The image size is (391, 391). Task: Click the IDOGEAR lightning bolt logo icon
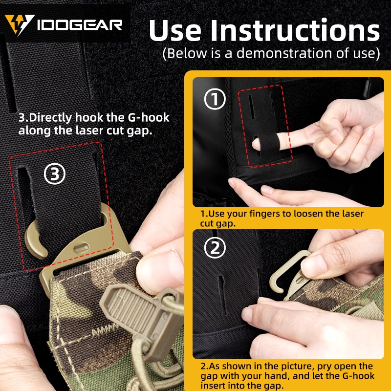[x=19, y=24]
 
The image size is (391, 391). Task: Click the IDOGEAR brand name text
[x=80, y=25]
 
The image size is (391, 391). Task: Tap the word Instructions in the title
[x=295, y=30]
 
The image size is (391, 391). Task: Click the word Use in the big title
[x=175, y=30]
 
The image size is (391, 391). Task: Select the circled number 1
[x=215, y=99]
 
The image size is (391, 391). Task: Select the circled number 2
[x=215, y=248]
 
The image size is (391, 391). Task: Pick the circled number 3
[x=55, y=174]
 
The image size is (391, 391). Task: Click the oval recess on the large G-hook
[x=81, y=248]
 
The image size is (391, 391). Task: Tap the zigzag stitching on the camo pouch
[x=105, y=331]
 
